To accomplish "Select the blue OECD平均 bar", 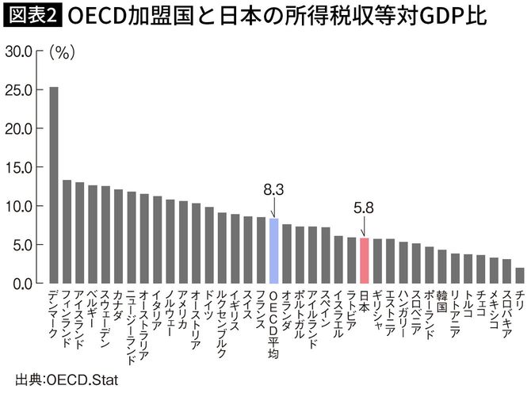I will pyautogui.click(x=273, y=250).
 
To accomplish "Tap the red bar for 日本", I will pyautogui.click(x=364, y=260).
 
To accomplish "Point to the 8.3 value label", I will pyautogui.click(x=273, y=189).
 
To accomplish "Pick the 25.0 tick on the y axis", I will pyautogui.click(x=19, y=90).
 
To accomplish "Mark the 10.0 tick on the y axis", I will pyautogui.click(x=19, y=206).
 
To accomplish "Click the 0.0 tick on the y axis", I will pyautogui.click(x=22, y=283).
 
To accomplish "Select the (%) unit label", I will pyautogui.click(x=62, y=52).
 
